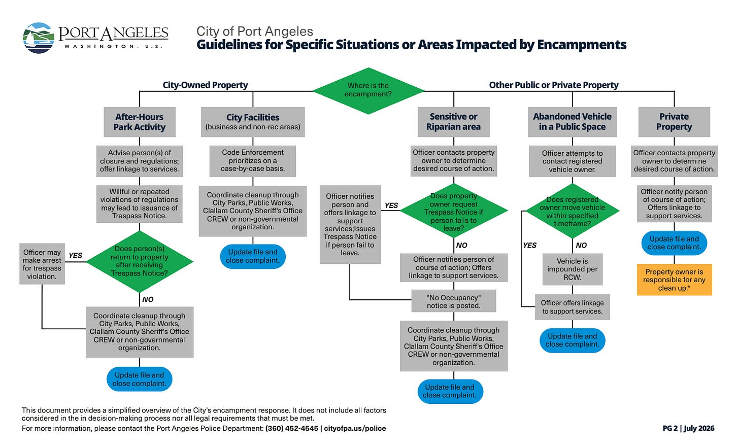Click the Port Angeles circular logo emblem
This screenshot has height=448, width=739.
[39, 38]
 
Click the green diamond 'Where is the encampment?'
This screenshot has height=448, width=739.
[368, 91]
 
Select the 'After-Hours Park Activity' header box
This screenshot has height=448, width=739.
[140, 122]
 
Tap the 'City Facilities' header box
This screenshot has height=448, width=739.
[253, 122]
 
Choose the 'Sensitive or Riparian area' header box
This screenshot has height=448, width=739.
[454, 122]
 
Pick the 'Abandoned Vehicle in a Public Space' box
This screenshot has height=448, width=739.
[573, 122]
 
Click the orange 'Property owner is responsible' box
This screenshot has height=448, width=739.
[675, 280]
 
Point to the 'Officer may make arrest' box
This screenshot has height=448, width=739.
[42, 264]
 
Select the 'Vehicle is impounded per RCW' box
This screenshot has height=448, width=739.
[573, 269]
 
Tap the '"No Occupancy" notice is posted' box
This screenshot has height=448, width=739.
[454, 301]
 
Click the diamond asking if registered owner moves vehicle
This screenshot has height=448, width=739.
[573, 211]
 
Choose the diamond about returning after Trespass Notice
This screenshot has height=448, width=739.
[140, 261]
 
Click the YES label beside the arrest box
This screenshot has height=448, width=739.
[76, 256]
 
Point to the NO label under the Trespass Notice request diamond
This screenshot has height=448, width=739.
[461, 246]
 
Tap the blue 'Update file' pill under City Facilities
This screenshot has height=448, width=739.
[253, 256]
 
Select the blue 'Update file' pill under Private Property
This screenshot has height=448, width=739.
[675, 243]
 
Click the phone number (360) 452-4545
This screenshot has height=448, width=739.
[292, 429]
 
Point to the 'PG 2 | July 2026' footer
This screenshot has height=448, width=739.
[689, 429]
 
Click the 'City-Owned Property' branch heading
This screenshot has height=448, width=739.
[205, 85]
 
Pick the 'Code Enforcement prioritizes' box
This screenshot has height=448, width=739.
[253, 161]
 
